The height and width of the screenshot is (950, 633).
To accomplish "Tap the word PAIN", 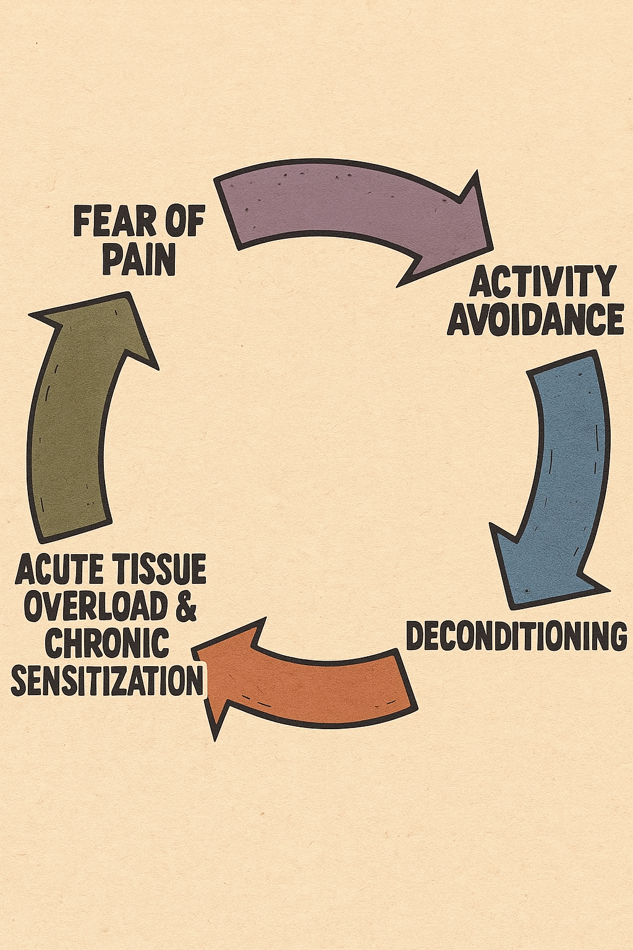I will tap(139, 260).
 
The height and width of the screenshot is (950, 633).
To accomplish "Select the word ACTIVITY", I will tap(543, 282).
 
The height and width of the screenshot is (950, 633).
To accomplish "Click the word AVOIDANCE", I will tap(535, 319).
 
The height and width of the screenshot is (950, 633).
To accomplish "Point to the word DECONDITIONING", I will tap(516, 636).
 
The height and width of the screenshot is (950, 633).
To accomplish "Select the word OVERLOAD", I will tap(96, 607).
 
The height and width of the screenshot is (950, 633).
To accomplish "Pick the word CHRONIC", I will tap(107, 644).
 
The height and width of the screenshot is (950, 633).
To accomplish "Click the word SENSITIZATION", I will tap(108, 682).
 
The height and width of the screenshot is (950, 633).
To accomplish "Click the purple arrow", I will tap(346, 207).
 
